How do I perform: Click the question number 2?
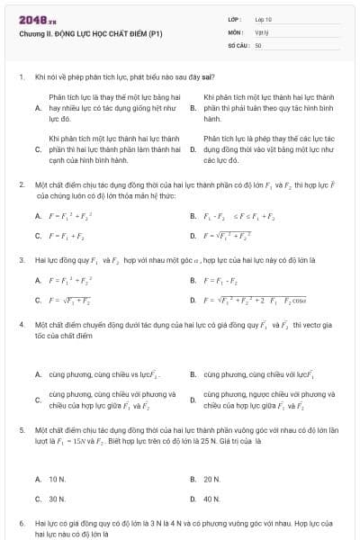(x=21, y=184)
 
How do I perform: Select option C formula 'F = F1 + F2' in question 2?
(x=64, y=236)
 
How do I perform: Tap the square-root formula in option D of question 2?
(x=227, y=236)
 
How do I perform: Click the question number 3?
(x=21, y=259)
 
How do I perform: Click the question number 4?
(x=21, y=322)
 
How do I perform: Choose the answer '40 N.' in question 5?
(x=211, y=498)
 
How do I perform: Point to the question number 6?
(x=21, y=522)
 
